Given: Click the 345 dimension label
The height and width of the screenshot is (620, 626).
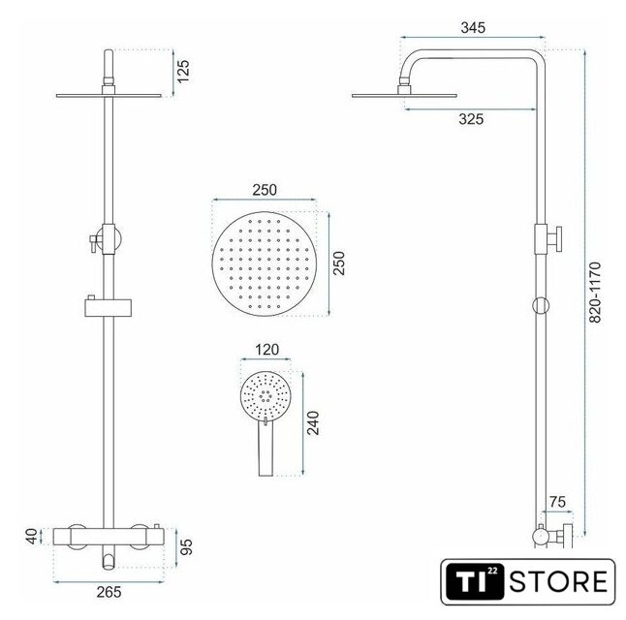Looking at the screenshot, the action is [473, 28].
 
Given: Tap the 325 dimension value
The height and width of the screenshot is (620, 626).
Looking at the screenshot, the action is [471, 119].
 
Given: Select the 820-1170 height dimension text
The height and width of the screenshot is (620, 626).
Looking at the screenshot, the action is [595, 293].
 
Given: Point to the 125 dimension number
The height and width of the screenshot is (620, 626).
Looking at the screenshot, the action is [183, 72].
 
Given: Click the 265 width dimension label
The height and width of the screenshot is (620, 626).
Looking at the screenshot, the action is [109, 592].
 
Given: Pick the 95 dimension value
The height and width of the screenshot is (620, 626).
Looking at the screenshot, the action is [186, 546].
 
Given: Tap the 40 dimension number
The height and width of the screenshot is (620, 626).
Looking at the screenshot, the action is [32, 536].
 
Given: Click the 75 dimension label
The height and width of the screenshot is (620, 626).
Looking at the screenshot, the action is [557, 502].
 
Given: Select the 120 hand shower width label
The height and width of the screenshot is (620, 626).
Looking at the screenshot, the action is [266, 350].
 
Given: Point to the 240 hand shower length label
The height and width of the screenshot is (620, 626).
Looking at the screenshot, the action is [313, 422].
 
